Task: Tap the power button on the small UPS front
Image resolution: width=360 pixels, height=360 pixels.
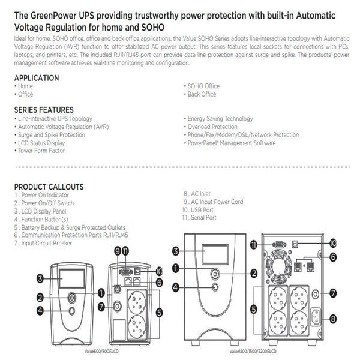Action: (x=72, y=296)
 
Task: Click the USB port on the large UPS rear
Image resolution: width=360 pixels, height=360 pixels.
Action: (x=313, y=244)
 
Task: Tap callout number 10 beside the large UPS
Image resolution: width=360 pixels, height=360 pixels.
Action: (x=349, y=244)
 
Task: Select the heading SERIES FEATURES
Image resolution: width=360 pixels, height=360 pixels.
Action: (x=44, y=110)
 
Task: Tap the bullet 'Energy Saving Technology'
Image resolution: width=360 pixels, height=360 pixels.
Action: (x=220, y=119)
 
